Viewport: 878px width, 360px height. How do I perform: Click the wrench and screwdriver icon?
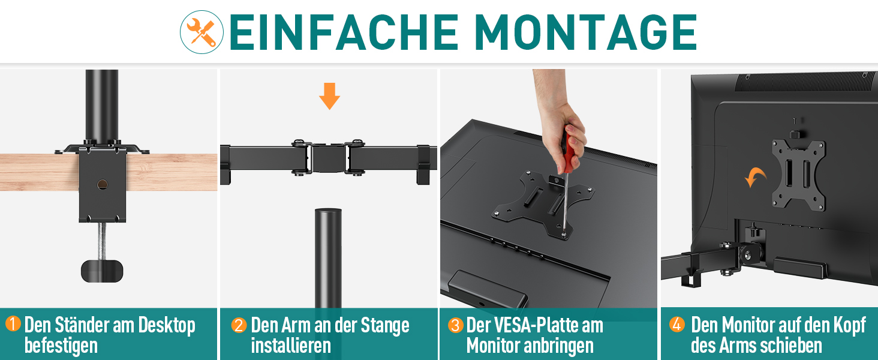click(202, 32)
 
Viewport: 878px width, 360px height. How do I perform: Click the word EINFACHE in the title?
click(344, 32)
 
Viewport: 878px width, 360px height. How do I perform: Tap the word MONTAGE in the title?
click(585, 32)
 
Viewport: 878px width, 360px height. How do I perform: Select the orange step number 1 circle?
click(13, 324)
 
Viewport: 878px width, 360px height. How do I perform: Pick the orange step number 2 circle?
click(239, 325)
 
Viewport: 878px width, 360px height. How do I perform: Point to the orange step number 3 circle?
click(455, 325)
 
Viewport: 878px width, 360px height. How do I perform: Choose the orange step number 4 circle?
click(676, 325)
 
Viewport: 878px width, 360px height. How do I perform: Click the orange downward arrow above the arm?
click(329, 96)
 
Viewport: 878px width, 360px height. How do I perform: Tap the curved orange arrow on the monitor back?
click(754, 177)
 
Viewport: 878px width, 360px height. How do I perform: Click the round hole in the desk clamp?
click(103, 184)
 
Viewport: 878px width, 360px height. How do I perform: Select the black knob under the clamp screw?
click(102, 271)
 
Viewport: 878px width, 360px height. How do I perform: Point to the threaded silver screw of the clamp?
click(102, 241)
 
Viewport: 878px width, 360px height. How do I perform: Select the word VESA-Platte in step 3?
click(551, 325)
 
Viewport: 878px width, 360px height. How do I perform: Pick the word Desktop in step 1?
click(167, 326)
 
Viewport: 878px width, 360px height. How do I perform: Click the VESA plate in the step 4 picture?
click(798, 175)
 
